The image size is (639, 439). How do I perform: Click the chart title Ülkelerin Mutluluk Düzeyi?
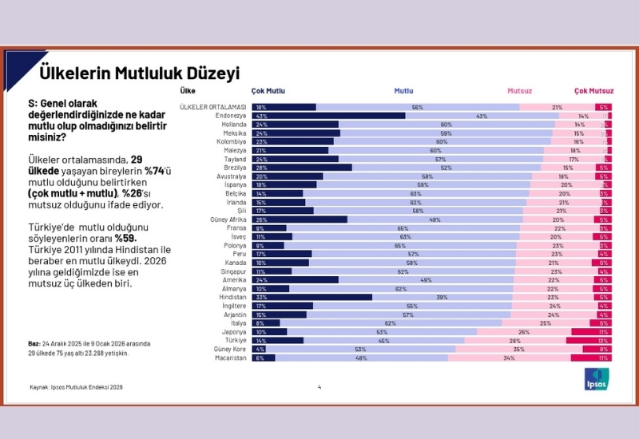click(140, 74)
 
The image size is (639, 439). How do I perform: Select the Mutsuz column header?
click(520, 91)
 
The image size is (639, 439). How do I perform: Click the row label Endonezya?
click(232, 116)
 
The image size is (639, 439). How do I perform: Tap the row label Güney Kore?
click(230, 349)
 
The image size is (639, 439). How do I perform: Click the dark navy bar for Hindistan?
click(312, 297)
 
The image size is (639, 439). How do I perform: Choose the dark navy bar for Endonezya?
click(328, 116)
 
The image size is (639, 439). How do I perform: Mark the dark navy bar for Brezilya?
click(302, 168)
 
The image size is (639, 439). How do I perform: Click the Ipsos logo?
click(597, 379)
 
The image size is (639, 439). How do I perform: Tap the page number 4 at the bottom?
click(319, 387)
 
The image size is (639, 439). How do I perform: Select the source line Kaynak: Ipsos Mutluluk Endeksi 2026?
click(76, 387)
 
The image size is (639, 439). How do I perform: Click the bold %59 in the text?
click(125, 237)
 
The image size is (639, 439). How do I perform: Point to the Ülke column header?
click(188, 91)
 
